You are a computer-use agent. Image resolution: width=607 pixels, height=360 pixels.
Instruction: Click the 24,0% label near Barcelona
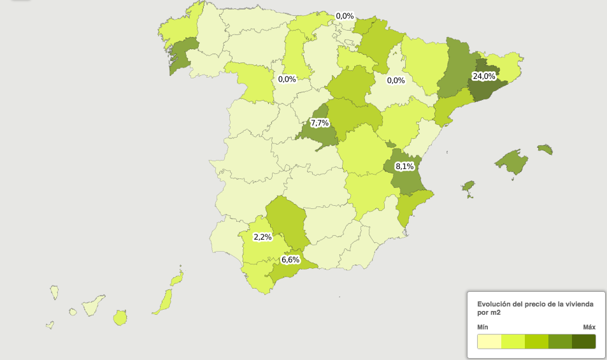point(483,76)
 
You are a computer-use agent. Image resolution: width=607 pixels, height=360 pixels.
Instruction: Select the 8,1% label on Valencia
point(404,166)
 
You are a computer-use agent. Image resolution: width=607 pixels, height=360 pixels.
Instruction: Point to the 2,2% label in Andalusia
point(262,237)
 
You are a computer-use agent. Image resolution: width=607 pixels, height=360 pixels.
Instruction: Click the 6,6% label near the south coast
point(290,260)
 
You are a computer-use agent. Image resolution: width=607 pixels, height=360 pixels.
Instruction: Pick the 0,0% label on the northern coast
point(345,16)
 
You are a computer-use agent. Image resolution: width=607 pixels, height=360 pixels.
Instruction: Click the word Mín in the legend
point(483,327)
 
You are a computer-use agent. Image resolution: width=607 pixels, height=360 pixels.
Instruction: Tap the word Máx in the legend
point(589,327)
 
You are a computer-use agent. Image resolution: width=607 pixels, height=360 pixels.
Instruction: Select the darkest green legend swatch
point(583,342)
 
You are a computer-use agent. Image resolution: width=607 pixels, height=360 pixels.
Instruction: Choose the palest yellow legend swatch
point(489,342)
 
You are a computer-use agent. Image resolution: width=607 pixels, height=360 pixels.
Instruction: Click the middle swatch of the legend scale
point(536,342)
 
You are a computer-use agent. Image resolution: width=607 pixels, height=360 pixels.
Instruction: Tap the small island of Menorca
point(545,150)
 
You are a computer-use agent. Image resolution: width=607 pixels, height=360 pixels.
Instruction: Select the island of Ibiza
point(469,187)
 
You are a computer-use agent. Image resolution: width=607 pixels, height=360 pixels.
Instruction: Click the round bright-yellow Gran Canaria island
point(120,317)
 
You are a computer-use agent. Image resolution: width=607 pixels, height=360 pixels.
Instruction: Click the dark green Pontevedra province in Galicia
point(182,55)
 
